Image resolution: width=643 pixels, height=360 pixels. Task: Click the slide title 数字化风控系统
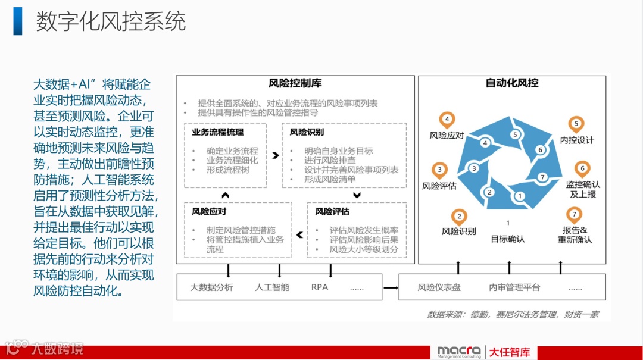coord(111,21)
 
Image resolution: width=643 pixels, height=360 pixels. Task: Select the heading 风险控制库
coord(295,84)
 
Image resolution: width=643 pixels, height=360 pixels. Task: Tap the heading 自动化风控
coord(512,83)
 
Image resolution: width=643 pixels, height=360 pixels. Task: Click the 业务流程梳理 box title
coord(217,132)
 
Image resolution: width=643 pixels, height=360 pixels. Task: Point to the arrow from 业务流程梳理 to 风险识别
coord(275,156)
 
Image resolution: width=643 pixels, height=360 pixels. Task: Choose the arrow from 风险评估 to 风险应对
coord(299,234)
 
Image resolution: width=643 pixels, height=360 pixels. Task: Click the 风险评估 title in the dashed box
coord(332,211)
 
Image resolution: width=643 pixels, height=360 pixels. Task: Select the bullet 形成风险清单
coord(329,179)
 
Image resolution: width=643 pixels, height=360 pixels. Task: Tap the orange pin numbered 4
coord(447,118)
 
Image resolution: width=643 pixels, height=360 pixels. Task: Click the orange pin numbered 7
coord(574,214)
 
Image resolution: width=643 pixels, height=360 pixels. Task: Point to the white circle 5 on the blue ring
coord(515,134)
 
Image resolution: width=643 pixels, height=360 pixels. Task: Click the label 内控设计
coord(577,140)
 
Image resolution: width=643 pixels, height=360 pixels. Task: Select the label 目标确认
coord(508,239)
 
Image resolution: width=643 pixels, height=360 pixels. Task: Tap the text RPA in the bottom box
coord(320,287)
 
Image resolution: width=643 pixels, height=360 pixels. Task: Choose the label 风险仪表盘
coord(439,287)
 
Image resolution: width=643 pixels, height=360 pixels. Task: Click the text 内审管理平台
coord(514,287)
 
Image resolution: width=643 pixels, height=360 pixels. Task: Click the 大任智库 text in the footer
coord(510,352)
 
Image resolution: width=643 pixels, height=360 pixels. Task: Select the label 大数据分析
coord(211,287)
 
